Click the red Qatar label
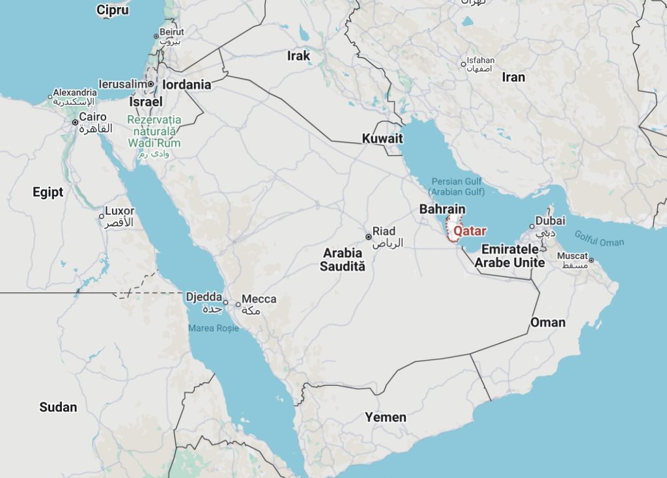tap(470, 231)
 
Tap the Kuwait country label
tap(382, 139)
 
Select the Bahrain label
tap(442, 209)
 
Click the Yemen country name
tap(386, 417)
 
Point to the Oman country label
tap(548, 322)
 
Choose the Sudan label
tap(58, 407)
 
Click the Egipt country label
tap(48, 192)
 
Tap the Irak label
tap(299, 56)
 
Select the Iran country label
tap(513, 77)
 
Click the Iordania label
tap(187, 85)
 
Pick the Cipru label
tap(113, 10)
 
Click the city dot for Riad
tap(368, 236)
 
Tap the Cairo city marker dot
tap(75, 122)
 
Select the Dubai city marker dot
tap(532, 227)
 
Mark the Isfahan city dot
tap(463, 64)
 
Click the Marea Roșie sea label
tap(214, 328)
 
